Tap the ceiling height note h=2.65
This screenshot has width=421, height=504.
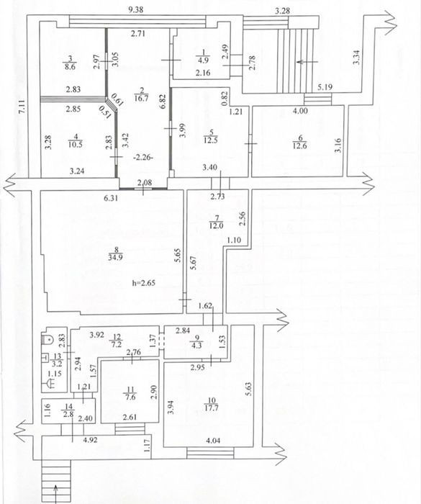point(143,283)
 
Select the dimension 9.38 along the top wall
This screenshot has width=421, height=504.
point(135,9)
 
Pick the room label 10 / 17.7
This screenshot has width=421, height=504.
point(212,404)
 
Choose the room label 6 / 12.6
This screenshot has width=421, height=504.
point(300,141)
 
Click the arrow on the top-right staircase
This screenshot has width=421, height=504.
point(307,61)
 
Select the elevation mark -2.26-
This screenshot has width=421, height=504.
point(143,158)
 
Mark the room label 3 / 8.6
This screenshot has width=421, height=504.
point(71,63)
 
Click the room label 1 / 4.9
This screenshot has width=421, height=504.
point(203,56)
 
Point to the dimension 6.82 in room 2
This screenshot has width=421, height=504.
point(163,102)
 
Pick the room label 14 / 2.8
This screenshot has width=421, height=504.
point(69,411)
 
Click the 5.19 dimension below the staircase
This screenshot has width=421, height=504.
point(325,87)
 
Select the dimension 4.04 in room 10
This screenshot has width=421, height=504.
point(213,441)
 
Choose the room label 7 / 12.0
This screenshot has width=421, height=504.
point(216,222)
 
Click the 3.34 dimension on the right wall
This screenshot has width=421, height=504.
point(356,57)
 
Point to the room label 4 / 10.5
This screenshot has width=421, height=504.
point(76,141)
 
